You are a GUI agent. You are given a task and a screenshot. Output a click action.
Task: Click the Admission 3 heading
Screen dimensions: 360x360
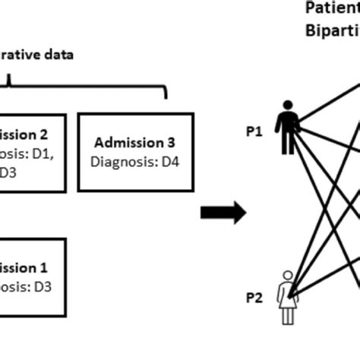(136, 142)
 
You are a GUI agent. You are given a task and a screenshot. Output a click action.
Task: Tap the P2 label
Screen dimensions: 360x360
(254, 298)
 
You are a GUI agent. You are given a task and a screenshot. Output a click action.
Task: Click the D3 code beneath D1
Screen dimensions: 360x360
(8, 171)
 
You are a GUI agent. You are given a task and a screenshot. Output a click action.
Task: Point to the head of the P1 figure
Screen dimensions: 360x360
(287, 107)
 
